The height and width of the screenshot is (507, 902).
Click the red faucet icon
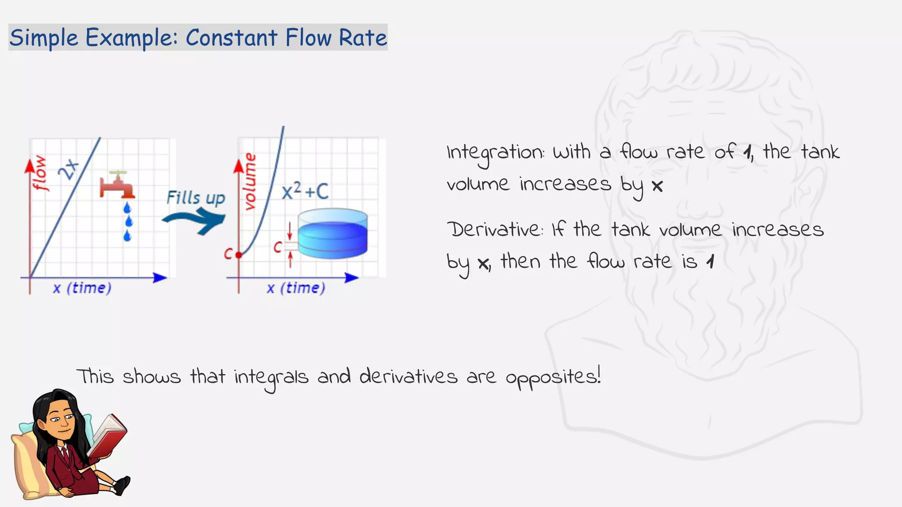(117, 185)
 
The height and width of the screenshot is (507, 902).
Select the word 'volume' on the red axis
(250, 181)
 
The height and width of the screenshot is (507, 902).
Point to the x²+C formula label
(305, 191)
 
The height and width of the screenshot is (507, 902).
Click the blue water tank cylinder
(333, 234)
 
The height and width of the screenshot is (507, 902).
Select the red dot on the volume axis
(239, 255)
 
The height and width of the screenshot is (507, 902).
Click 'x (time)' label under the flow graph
(82, 288)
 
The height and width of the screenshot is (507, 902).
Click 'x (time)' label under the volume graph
(296, 288)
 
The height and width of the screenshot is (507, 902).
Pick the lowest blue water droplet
(127, 236)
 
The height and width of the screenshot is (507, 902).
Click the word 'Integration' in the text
(495, 153)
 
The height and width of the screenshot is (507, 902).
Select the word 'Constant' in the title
(231, 38)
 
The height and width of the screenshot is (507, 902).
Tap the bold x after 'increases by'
(657, 186)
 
